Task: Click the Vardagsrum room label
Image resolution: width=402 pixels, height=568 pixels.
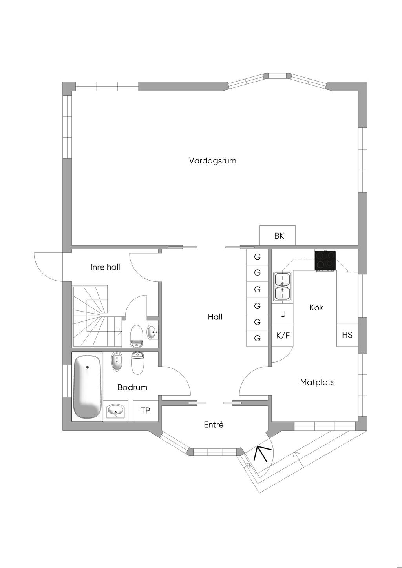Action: [212, 161]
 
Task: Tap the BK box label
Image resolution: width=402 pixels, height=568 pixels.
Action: [279, 236]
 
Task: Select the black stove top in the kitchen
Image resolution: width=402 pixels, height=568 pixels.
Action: [325, 260]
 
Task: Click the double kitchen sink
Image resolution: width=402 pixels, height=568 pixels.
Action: [282, 287]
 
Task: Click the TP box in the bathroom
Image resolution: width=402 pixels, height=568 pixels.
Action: [146, 411]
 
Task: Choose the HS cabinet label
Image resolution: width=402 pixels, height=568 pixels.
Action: [347, 335]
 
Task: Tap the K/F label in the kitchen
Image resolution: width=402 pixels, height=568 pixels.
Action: [283, 336]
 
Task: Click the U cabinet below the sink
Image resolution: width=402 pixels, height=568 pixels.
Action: [283, 314]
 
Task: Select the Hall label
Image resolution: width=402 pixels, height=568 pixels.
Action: [215, 317]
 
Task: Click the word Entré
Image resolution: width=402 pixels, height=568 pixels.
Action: [214, 425]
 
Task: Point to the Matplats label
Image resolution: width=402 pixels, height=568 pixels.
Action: [317, 382]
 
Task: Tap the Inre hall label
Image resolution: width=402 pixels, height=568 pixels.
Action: [105, 267]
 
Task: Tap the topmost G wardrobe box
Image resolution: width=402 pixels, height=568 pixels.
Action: [258, 257]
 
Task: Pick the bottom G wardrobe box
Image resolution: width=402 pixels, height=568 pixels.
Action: [258, 338]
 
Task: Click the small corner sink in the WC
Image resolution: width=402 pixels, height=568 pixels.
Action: [152, 333]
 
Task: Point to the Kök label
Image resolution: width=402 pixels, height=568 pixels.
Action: [316, 308]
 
